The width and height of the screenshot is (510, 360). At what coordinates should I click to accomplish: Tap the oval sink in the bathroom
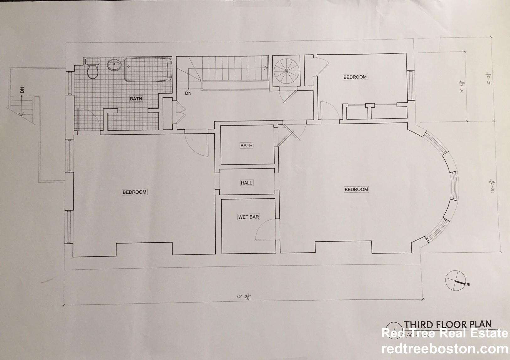coord(115,66)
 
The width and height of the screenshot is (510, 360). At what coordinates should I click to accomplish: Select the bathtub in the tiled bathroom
coord(148,70)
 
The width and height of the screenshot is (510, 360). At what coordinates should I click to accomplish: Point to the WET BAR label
coord(248,217)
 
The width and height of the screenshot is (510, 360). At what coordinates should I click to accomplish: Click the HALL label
coord(246,183)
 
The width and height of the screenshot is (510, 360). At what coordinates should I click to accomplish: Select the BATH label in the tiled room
coord(136,99)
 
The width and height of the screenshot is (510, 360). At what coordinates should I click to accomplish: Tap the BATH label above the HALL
coord(246,145)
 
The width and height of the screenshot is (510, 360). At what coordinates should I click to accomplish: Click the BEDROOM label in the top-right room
coord(355,77)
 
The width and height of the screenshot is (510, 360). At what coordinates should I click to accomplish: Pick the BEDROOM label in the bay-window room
coord(356,189)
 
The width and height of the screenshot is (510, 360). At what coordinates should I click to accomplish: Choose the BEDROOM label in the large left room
coord(134,192)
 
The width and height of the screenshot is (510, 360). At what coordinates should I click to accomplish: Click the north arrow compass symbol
coord(456,280)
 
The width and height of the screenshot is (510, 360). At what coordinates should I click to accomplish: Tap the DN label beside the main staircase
coord(188,93)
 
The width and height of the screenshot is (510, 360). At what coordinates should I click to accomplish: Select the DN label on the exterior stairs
coord(22,90)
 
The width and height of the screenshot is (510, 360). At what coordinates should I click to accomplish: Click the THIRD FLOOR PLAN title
coord(448,324)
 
